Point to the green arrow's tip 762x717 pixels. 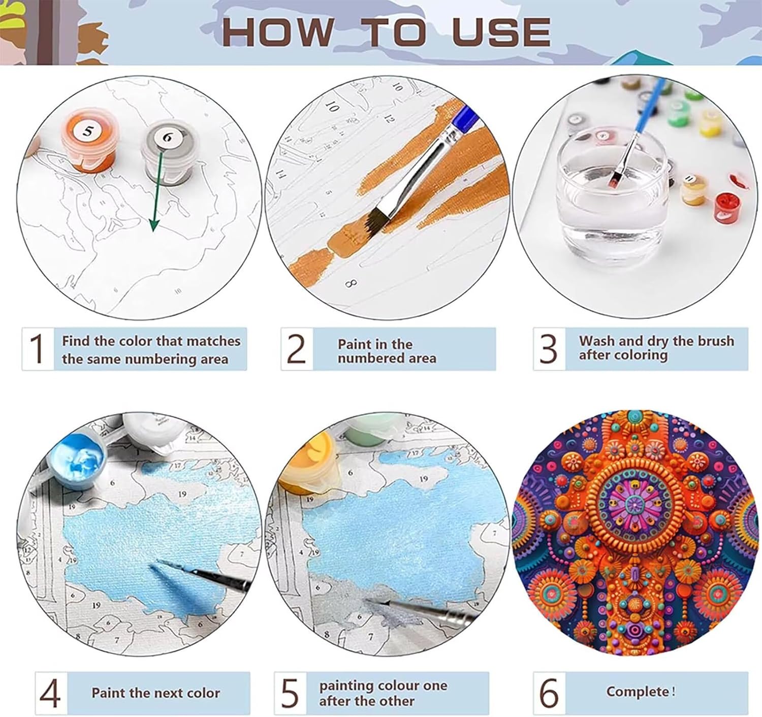[153, 232]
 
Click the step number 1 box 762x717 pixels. [38, 349]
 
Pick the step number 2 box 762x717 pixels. [297, 349]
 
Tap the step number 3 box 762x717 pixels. [549, 349]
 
